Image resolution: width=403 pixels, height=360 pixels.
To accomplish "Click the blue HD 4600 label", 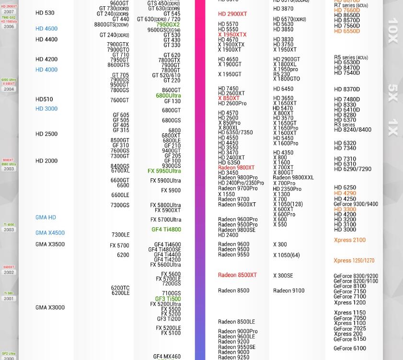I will click(x=46, y=29).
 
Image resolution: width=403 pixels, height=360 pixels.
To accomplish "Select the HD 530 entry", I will click(x=45, y=13).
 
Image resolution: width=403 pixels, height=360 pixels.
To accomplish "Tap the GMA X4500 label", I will click(x=50, y=233).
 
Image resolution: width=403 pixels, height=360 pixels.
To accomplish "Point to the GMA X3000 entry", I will click(x=50, y=307).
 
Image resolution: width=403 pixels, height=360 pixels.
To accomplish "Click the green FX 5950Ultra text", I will click(x=164, y=171).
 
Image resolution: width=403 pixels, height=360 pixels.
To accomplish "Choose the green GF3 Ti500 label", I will click(x=168, y=299).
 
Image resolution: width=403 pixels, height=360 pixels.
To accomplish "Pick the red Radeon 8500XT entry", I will click(x=237, y=275).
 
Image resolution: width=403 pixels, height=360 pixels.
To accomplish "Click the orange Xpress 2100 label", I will click(x=350, y=240).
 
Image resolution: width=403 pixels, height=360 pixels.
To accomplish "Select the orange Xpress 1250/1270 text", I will click(x=354, y=261).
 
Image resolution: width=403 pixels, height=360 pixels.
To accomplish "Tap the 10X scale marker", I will click(x=392, y=31).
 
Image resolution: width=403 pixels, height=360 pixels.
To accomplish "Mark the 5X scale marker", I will click(x=392, y=93).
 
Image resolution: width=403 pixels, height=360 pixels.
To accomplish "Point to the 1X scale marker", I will click(x=392, y=128).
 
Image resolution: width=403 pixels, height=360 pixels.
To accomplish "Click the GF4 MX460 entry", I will click(x=167, y=357).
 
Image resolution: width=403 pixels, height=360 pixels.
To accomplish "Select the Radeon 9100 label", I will click(x=288, y=290).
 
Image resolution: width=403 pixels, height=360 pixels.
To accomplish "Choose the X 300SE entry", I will click(x=283, y=276).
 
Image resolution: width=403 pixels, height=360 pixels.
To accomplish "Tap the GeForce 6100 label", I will click(x=350, y=348).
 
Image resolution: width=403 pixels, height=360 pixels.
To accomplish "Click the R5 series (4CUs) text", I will click(x=351, y=58).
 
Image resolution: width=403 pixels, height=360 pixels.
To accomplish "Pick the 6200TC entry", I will click(x=120, y=288).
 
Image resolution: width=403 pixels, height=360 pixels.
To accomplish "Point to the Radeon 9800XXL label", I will click(x=293, y=178).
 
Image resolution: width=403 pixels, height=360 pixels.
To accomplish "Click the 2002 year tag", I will click(x=9, y=272).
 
